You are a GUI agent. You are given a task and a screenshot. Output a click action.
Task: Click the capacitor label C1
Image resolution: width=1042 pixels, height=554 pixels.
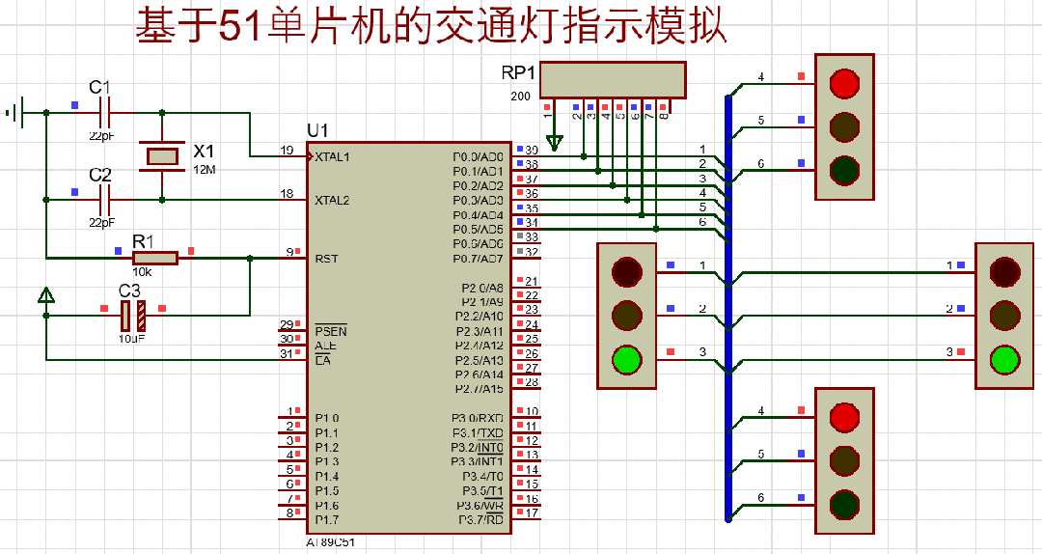(x=100, y=88)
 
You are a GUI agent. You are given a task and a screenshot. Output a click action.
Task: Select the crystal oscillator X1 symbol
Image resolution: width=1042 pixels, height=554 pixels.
(x=161, y=154)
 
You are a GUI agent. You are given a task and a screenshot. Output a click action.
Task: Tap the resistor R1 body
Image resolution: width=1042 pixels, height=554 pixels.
(x=154, y=258)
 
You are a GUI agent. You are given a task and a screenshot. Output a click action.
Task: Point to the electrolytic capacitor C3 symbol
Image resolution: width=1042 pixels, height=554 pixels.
(x=133, y=315)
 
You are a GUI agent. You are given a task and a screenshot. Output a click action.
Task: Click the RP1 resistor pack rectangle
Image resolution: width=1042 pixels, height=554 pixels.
(x=613, y=80)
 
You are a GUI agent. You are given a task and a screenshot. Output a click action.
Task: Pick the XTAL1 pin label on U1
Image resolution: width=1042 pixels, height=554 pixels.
(x=332, y=156)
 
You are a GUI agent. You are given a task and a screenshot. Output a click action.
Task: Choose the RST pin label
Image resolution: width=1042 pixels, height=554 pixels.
(x=325, y=259)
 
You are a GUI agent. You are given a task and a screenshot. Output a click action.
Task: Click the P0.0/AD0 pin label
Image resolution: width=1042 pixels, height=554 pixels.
(x=478, y=156)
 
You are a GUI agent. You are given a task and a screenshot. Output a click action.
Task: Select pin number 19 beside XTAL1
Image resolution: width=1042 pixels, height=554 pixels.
(x=287, y=151)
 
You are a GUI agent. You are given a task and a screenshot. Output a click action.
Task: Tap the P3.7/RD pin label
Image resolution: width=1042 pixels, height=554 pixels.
(x=480, y=520)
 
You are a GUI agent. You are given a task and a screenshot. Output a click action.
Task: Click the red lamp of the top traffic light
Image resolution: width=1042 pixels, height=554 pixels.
(x=844, y=83)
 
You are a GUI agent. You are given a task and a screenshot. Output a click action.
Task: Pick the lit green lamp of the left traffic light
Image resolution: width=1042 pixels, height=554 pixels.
(x=627, y=359)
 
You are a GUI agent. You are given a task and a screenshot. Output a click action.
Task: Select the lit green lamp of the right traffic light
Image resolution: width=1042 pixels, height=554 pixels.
(x=1004, y=359)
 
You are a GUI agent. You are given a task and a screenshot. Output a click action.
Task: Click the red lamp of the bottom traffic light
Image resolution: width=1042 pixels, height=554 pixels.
(x=844, y=417)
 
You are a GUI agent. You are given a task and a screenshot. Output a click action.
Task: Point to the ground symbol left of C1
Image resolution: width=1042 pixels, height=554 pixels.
(x=14, y=113)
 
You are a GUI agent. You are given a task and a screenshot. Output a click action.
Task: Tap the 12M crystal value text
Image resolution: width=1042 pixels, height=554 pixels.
(x=205, y=170)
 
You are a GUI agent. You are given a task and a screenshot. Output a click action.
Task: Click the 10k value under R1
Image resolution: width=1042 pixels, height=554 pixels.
(x=142, y=272)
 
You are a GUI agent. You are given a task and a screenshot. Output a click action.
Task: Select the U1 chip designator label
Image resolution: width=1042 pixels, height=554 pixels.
(x=317, y=130)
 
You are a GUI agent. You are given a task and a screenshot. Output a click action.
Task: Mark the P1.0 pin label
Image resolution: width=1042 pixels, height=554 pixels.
(x=328, y=418)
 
